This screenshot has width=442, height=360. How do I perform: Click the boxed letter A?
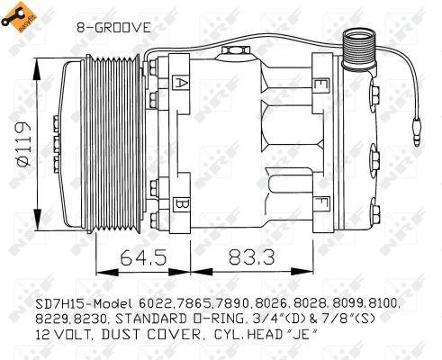click(x=181, y=85)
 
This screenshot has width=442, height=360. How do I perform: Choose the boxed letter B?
click(x=181, y=203)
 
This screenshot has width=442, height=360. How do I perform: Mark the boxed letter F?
click(x=319, y=202)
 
